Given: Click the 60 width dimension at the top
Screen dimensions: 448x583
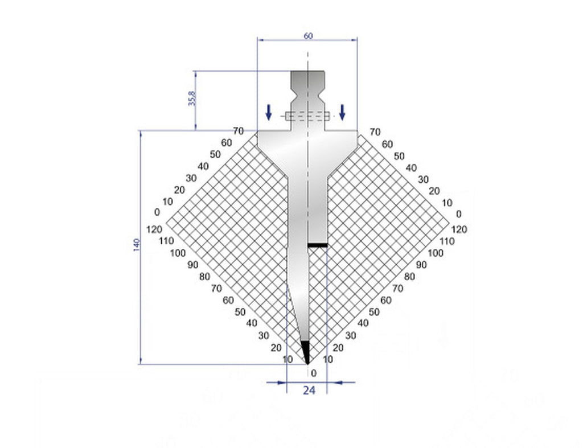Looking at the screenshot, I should click(x=308, y=35).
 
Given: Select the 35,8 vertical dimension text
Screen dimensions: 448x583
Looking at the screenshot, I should click(x=192, y=98).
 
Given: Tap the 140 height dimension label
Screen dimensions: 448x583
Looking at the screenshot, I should click(x=136, y=245).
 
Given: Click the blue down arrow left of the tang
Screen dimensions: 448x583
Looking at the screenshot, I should click(x=268, y=112).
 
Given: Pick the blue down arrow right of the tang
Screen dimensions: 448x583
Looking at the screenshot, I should click(x=342, y=112).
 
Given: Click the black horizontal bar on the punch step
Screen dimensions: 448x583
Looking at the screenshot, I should click(x=317, y=245).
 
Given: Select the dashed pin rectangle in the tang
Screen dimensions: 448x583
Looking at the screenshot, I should click(x=307, y=116).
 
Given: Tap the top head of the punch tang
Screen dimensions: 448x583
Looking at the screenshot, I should click(x=308, y=77).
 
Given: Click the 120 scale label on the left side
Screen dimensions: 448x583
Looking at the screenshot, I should click(x=154, y=229).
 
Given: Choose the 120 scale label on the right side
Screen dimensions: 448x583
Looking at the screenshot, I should click(x=459, y=229).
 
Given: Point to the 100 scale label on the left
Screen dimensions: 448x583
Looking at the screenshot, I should click(x=178, y=253).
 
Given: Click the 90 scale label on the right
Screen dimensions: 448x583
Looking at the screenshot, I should click(x=421, y=265).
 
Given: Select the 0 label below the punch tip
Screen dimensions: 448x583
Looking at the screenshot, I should click(x=313, y=373).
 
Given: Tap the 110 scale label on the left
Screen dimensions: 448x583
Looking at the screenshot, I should click(x=166, y=241).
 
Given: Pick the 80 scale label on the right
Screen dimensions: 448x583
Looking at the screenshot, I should click(x=409, y=277).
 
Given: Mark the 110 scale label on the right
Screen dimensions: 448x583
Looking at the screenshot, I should click(x=447, y=241).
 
